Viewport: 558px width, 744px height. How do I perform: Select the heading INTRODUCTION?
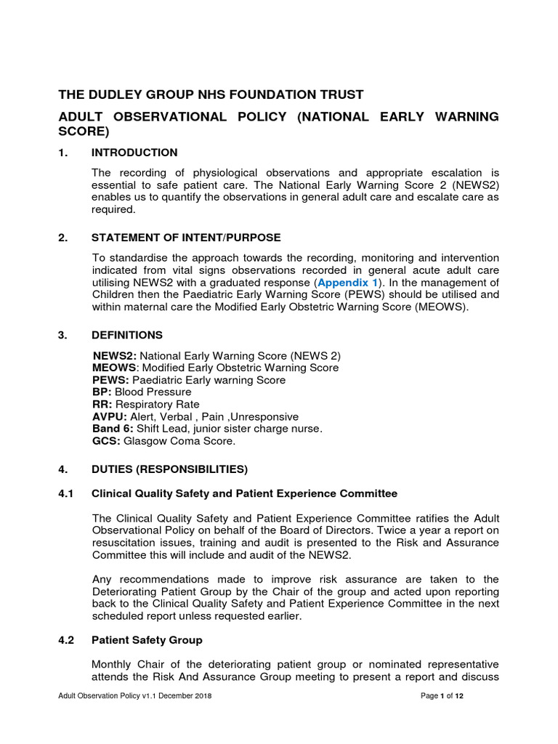pos(134,153)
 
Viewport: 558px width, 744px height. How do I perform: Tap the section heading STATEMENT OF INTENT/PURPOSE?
pos(186,238)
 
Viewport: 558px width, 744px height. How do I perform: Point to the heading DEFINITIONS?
pos(127,335)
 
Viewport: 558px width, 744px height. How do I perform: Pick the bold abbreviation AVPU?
pos(110,417)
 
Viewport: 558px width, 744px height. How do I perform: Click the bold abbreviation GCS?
pos(106,441)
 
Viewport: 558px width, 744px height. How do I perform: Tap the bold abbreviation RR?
pos(102,405)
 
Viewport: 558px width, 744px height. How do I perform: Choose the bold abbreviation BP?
pos(102,392)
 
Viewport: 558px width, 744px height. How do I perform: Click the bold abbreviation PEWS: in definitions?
pos(110,380)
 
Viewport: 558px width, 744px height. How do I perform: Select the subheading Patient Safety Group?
pos(147,640)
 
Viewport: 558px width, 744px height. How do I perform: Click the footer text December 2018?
pos(188,696)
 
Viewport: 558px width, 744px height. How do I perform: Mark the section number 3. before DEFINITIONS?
pos(62,335)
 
